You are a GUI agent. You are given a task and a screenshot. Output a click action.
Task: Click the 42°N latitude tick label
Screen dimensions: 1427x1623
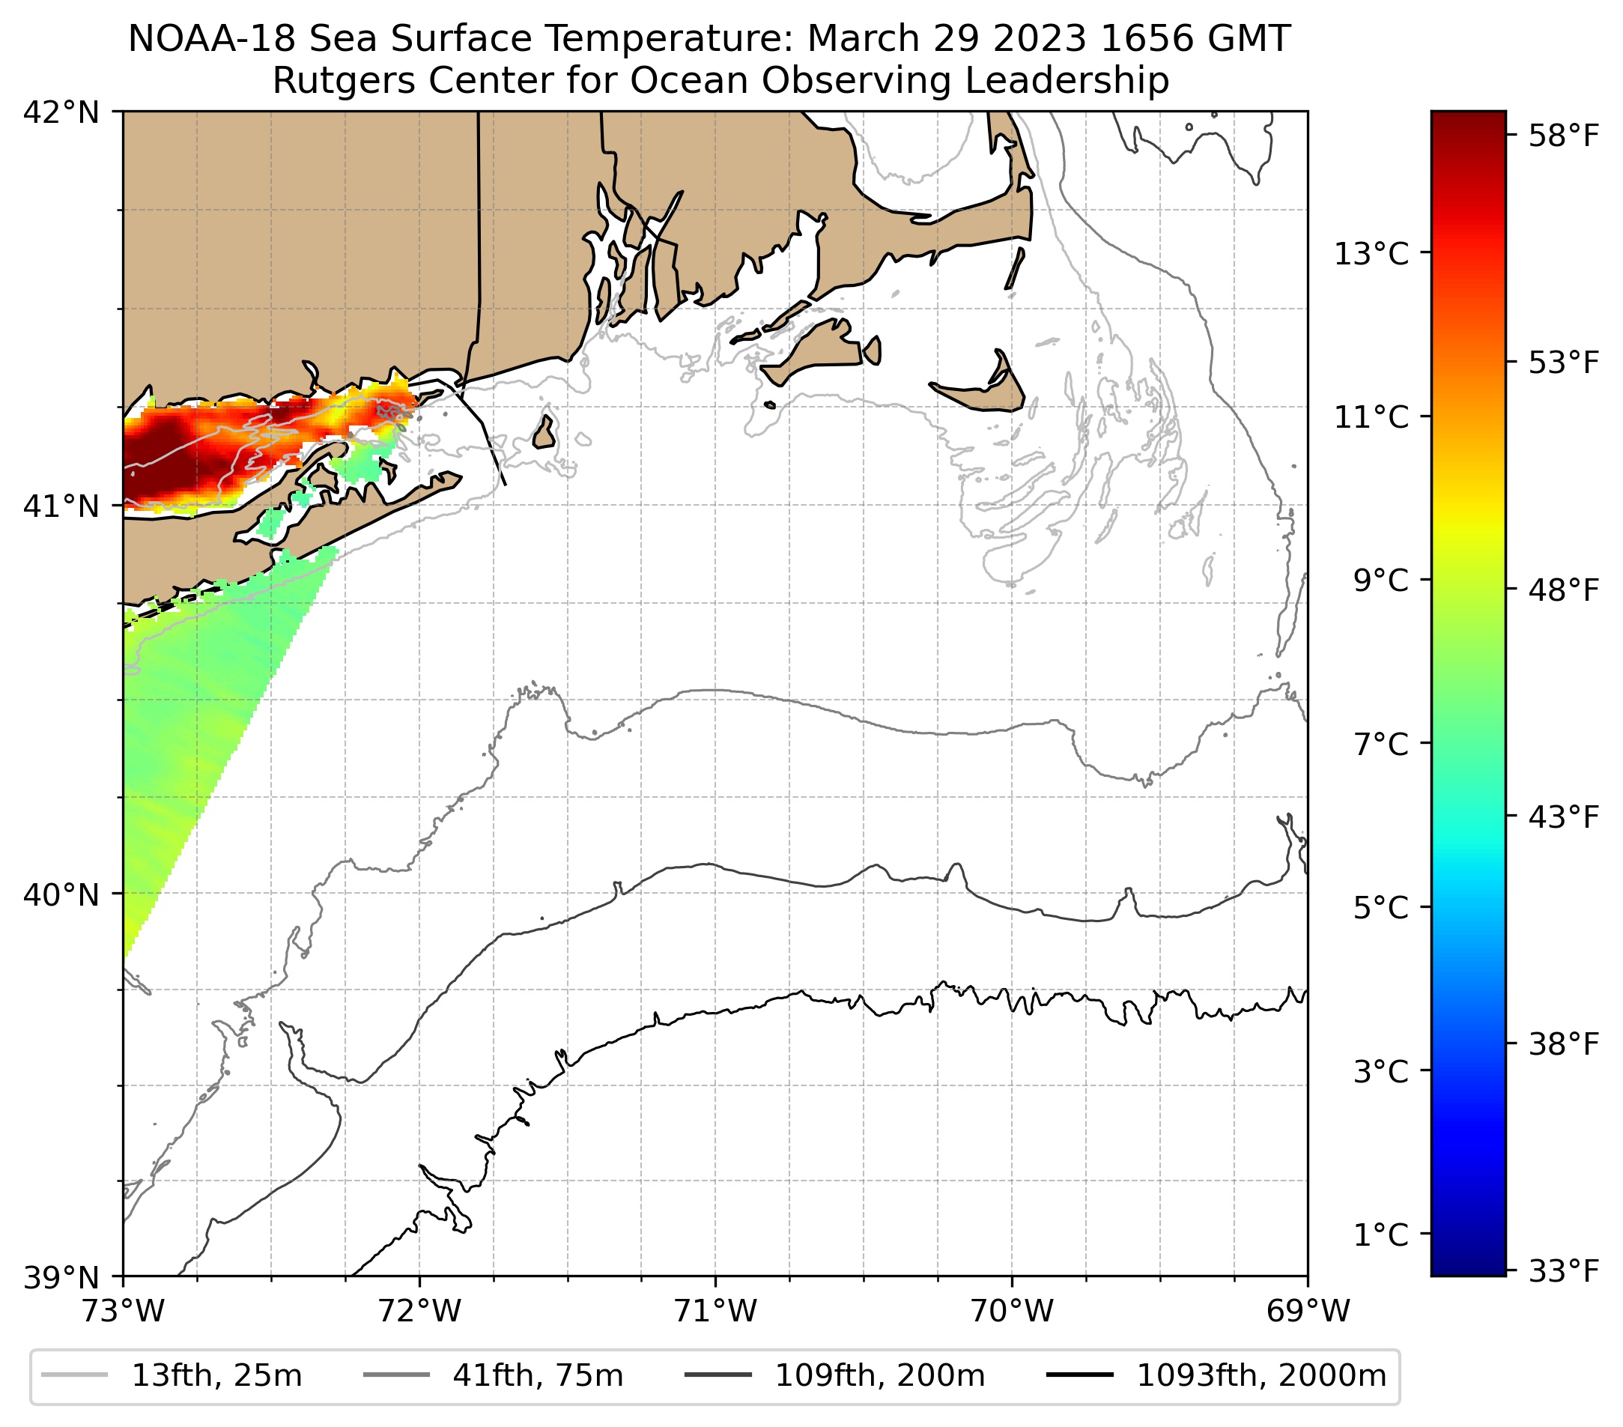[x=61, y=113]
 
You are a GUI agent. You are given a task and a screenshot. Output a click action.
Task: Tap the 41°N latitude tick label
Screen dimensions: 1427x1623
[x=61, y=506]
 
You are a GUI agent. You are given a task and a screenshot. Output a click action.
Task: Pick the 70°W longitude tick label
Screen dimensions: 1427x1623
[x=1012, y=1311]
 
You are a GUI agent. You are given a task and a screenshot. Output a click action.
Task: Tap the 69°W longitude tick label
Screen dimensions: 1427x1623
[x=1307, y=1311]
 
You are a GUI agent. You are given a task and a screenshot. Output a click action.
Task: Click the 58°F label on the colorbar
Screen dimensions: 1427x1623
[x=1563, y=136]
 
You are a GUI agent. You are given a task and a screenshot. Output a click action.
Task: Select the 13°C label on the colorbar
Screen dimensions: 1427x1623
[x=1371, y=254]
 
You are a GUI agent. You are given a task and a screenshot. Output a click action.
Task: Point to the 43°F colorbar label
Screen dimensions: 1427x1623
[x=1563, y=818]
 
